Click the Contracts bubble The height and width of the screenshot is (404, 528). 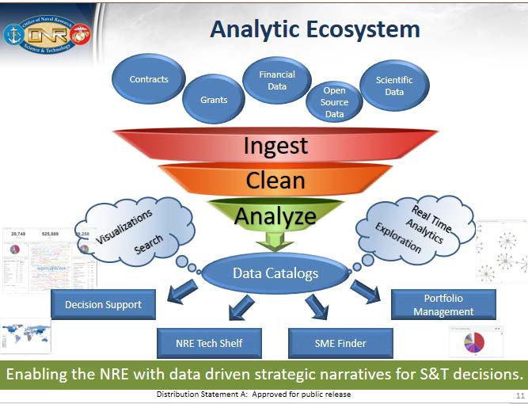pyautogui.click(x=150, y=80)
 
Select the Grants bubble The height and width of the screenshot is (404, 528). pyautogui.click(x=214, y=100)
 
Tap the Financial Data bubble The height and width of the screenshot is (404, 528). pyautogui.click(x=277, y=80)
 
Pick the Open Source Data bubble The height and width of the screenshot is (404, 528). pyautogui.click(x=334, y=102)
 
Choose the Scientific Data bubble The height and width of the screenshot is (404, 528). pyautogui.click(x=394, y=86)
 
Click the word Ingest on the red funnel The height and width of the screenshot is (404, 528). pyautogui.click(x=275, y=147)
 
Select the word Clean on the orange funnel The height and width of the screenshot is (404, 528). pyautogui.click(x=275, y=181)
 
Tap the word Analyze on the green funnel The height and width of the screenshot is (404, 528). pyautogui.click(x=275, y=215)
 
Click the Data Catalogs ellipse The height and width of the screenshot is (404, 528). pyautogui.click(x=275, y=273)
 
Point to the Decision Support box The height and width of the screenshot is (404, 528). pyautogui.click(x=103, y=303)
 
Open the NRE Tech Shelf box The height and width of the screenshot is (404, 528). pyautogui.click(x=209, y=343)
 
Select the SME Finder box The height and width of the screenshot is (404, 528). pyautogui.click(x=340, y=343)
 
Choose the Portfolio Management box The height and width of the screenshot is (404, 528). pyautogui.click(x=443, y=305)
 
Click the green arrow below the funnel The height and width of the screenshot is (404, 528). pyautogui.click(x=275, y=240)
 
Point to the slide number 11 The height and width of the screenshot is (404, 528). pyautogui.click(x=519, y=395)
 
